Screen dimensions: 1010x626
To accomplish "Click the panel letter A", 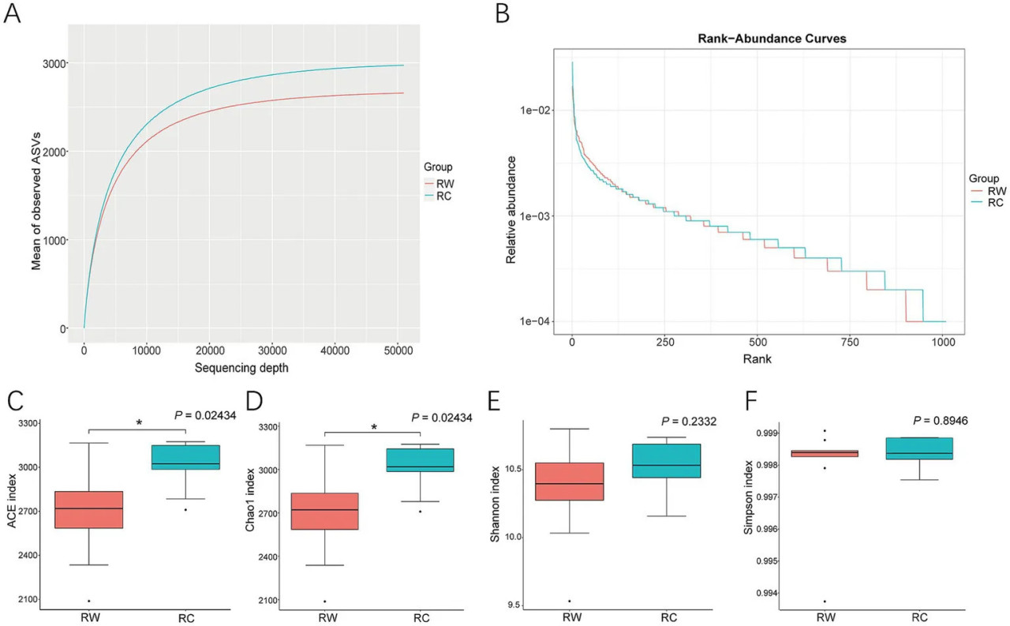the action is point(12,13).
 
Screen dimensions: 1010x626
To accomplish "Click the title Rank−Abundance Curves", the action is point(772,39).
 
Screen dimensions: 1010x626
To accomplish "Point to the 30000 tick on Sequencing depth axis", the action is point(273,350).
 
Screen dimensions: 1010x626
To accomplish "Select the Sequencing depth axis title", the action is point(241,368).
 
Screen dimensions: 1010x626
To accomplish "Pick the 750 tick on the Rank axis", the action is point(850,343).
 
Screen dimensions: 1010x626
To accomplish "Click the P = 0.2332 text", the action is point(689,422).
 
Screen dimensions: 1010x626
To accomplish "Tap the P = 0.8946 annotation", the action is point(941,421).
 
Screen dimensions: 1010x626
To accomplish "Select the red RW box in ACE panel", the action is point(89,510).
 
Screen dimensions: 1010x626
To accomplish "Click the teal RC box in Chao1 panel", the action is point(421,460).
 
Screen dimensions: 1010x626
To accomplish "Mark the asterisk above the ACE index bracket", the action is point(140,423).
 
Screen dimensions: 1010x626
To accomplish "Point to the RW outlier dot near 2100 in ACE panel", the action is point(89,601).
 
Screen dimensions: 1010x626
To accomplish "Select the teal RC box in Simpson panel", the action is point(919,448).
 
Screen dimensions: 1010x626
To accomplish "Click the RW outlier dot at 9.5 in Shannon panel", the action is point(570,601).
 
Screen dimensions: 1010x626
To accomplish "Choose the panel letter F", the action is point(750,401).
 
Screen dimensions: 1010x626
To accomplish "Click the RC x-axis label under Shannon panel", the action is point(668,617).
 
